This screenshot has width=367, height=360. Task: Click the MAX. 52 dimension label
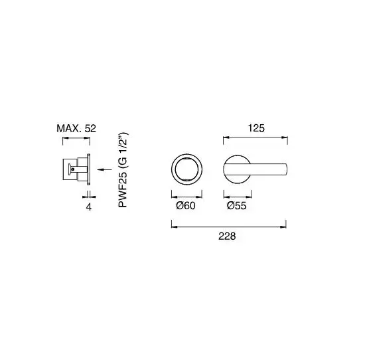(x=76, y=129)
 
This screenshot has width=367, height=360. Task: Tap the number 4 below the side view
(x=89, y=207)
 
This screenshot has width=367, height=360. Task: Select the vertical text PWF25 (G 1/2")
(x=123, y=170)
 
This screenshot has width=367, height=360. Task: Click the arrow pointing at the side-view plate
(x=105, y=169)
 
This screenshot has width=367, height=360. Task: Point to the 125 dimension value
(x=256, y=128)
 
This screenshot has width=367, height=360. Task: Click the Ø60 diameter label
(x=186, y=206)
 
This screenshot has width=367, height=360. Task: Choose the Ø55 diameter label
(x=237, y=206)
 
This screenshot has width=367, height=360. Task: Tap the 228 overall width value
(x=227, y=236)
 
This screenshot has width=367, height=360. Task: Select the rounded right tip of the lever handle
(x=287, y=169)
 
